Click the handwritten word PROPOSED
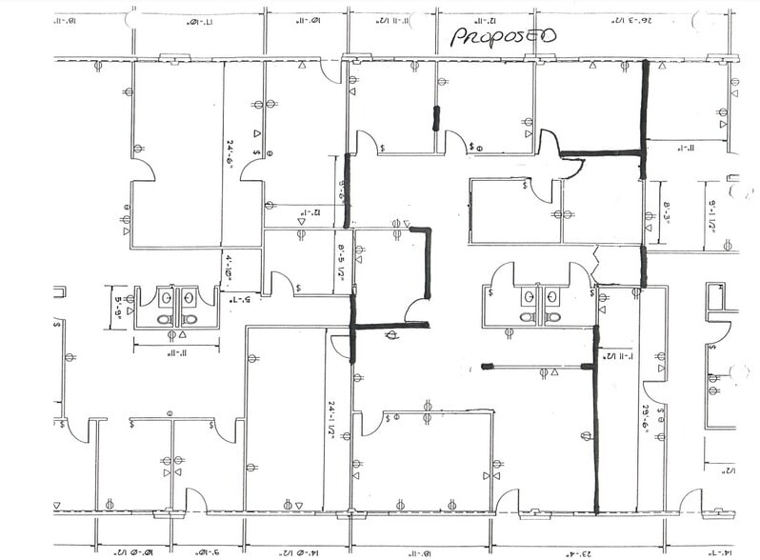[503, 35]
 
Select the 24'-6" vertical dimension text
[230, 151]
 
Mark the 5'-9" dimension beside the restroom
[118, 308]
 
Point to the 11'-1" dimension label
[682, 148]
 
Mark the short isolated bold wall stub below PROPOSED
[436, 118]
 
